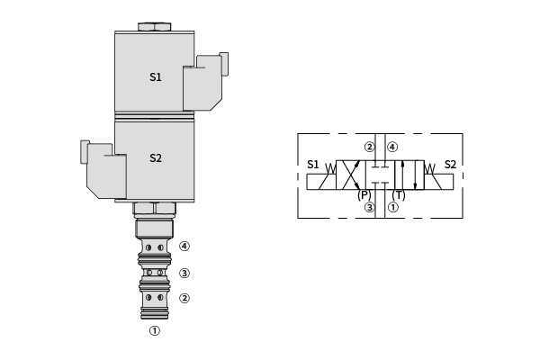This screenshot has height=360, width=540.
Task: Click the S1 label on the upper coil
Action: [156, 76]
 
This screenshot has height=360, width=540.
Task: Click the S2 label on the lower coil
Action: [156, 157]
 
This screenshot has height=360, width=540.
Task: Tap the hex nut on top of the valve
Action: [154, 27]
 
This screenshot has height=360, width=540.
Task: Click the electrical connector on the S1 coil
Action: [205, 82]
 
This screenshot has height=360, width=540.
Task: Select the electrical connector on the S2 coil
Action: [103, 169]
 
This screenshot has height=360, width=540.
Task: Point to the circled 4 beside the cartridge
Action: [184, 246]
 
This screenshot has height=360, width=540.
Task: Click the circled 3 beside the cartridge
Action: [184, 274]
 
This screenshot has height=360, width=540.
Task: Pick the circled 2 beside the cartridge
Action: [184, 298]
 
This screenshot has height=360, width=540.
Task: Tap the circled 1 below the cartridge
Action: [155, 330]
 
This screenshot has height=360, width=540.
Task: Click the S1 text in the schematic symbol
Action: [313, 165]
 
